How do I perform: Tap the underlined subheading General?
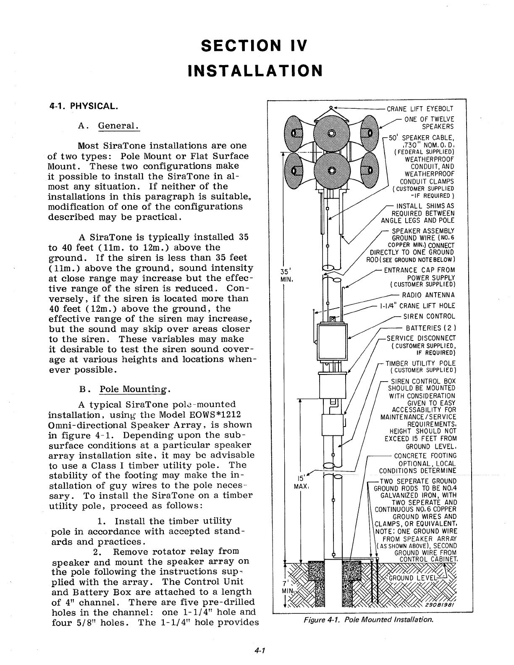[118, 126]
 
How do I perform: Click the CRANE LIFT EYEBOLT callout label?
[420, 110]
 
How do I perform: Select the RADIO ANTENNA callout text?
[428, 295]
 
